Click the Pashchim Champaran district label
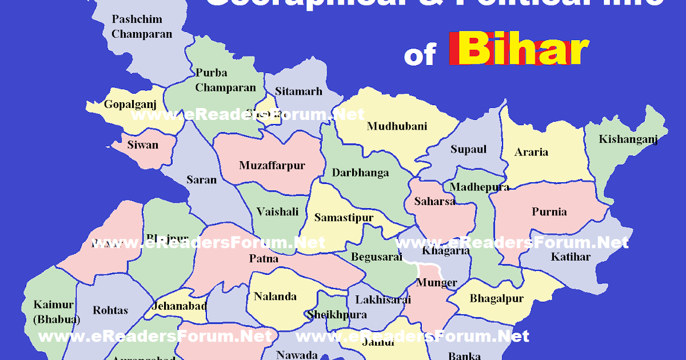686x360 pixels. click(x=142, y=26)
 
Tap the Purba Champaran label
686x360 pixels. click(x=225, y=80)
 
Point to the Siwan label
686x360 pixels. click(x=143, y=145)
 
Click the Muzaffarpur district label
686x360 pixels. click(x=272, y=166)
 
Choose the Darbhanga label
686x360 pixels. click(x=360, y=173)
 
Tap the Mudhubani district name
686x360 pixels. click(x=397, y=126)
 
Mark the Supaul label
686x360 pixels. click(x=468, y=149)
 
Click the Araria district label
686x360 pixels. click(x=531, y=152)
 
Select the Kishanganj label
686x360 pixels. click(x=628, y=139)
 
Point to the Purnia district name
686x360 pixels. click(x=549, y=212)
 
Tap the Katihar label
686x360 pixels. click(x=571, y=257)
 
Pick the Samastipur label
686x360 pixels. click(x=344, y=218)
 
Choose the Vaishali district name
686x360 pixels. click(x=277, y=212)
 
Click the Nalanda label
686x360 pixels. click(x=275, y=296)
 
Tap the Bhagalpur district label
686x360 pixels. click(x=488, y=299)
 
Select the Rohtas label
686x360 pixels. click(x=110, y=310)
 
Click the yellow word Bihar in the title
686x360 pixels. click(x=523, y=50)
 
